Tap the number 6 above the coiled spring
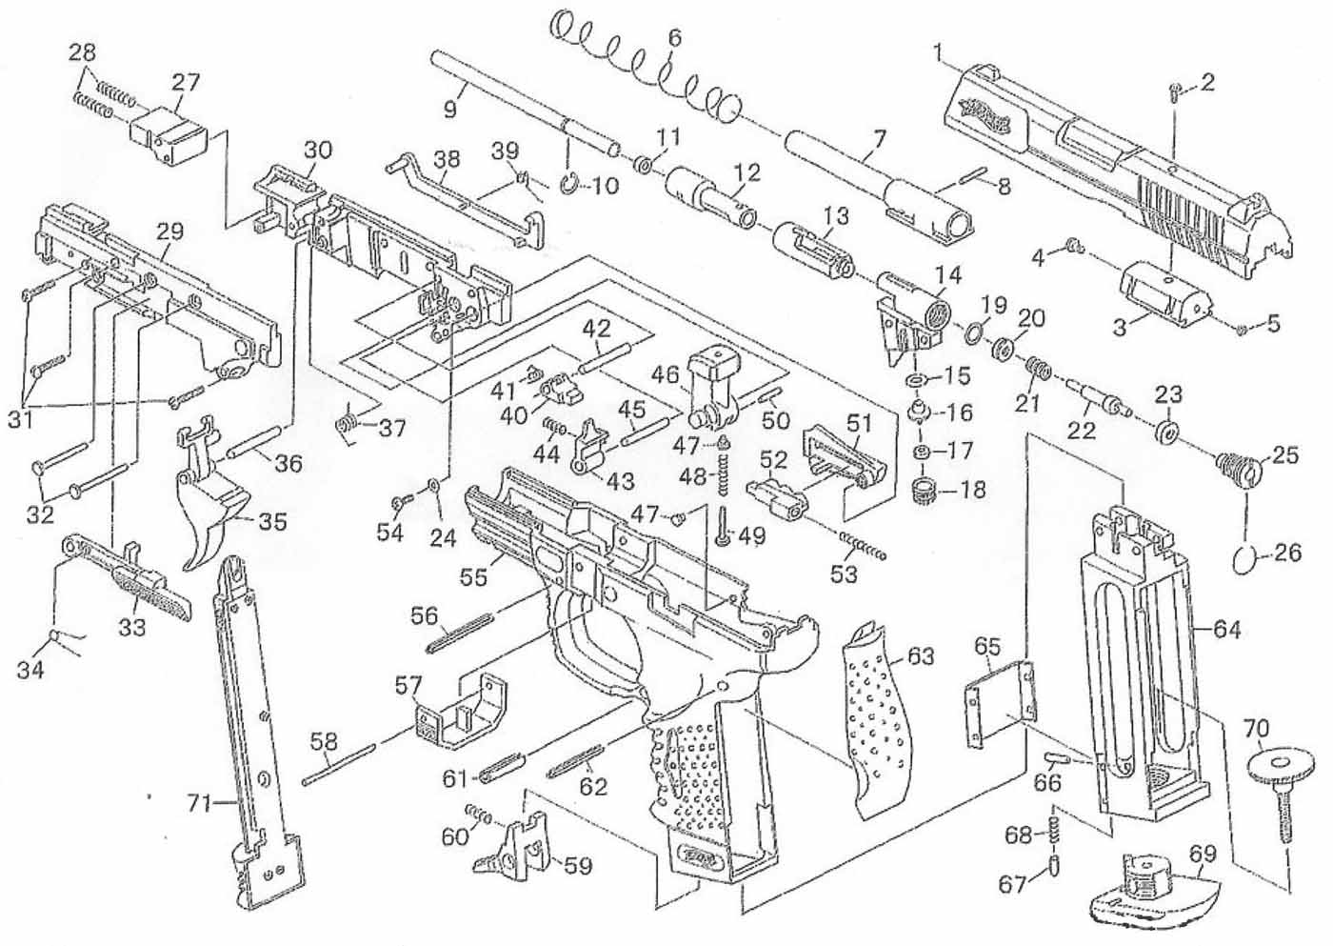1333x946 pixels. [x=674, y=39]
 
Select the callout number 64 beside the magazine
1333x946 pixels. [x=1226, y=629]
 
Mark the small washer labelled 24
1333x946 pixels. [x=433, y=486]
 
